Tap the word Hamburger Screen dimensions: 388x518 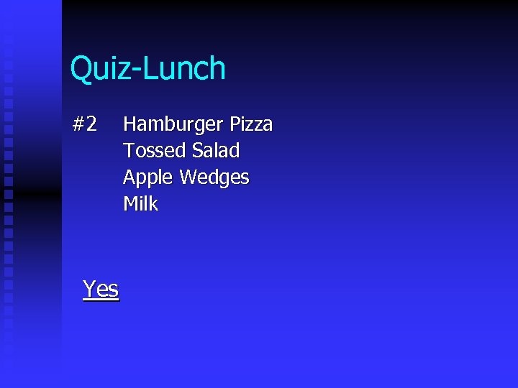tap(173, 125)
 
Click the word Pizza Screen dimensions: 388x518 tap(251, 124)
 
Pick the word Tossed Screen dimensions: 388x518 tap(155, 151)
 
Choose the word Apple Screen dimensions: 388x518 tap(149, 177)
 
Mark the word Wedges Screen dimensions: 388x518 tap(215, 178)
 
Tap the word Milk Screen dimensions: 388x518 tap(140, 204)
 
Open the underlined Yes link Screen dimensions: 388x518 tap(101, 289)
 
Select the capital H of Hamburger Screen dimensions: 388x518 tap(130, 124)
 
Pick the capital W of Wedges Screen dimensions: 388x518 tap(188, 177)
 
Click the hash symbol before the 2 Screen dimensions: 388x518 tap(79, 124)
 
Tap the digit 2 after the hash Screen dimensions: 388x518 tap(91, 124)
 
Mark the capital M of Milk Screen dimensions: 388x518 tap(131, 204)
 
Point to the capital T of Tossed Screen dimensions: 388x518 tap(129, 151)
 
